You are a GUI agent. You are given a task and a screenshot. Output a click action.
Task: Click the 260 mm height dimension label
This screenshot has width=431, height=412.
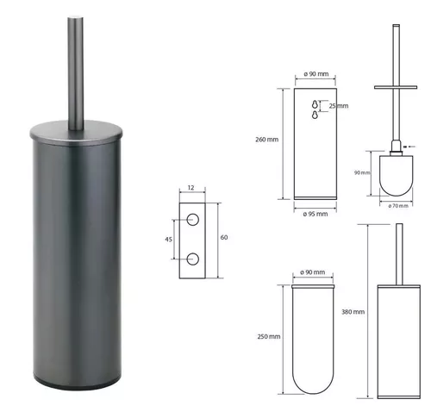click(267, 140)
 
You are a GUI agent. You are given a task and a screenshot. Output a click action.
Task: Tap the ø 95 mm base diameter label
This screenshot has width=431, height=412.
click(315, 214)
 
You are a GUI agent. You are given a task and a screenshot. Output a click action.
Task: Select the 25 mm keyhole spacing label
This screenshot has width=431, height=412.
click(339, 106)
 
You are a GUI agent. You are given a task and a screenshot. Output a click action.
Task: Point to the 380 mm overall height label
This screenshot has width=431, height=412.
click(353, 312)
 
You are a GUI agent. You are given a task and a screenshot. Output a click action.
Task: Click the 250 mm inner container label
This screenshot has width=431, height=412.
click(269, 336)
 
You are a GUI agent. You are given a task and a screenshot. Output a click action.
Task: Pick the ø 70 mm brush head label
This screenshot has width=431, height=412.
click(398, 206)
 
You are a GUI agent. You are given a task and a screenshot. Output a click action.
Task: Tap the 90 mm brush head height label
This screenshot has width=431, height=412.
click(362, 172)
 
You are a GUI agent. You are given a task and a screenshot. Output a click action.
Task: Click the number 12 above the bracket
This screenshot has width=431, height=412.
click(191, 188)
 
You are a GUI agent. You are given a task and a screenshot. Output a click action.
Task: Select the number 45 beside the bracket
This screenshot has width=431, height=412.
click(169, 240)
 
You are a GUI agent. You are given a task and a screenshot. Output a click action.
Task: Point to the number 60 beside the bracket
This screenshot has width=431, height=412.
click(224, 237)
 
